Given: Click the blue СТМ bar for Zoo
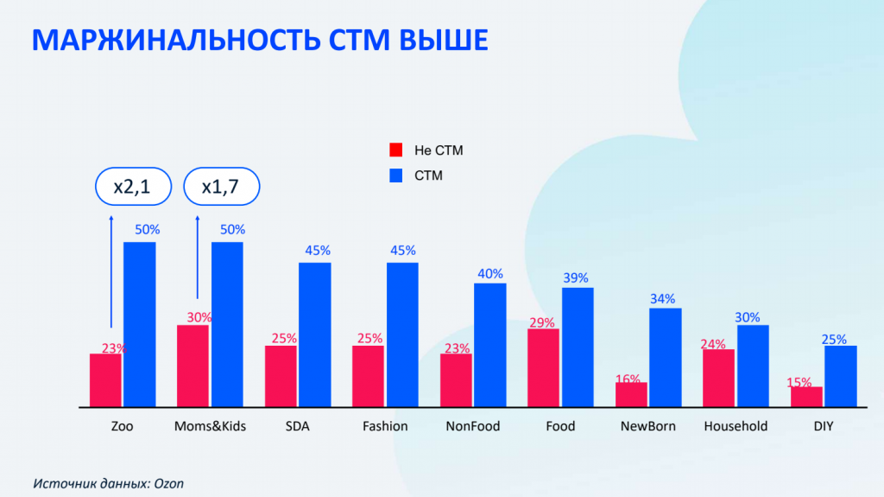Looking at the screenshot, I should [140, 324].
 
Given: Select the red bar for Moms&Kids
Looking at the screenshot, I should [193, 366].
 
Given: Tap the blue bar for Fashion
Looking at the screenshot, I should [402, 335].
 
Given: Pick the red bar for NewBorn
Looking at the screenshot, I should [631, 394].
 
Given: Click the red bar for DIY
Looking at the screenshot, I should [806, 397].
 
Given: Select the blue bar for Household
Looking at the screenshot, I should [753, 366].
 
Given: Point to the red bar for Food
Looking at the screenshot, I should [543, 367].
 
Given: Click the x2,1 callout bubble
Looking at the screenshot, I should [133, 187].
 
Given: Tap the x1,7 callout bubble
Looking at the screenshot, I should [222, 187].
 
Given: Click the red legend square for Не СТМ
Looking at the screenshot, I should [396, 150].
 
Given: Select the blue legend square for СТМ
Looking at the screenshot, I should [396, 175].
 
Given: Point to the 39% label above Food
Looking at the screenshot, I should [576, 277].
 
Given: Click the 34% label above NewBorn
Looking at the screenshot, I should [663, 299].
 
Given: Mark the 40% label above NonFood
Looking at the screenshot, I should [490, 274].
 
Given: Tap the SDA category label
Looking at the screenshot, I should [297, 426].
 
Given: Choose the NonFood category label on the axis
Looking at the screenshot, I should [473, 426].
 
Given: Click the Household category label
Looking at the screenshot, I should [736, 426].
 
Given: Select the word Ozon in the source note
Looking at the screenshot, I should [169, 483].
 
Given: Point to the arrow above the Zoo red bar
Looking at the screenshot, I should [110, 277].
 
